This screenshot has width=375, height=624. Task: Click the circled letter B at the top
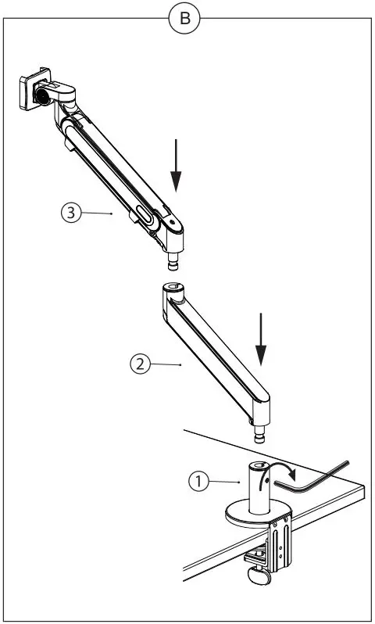(184, 19)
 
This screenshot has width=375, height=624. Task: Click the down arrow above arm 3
(177, 165)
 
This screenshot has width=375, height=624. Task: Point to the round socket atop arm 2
(173, 291)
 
